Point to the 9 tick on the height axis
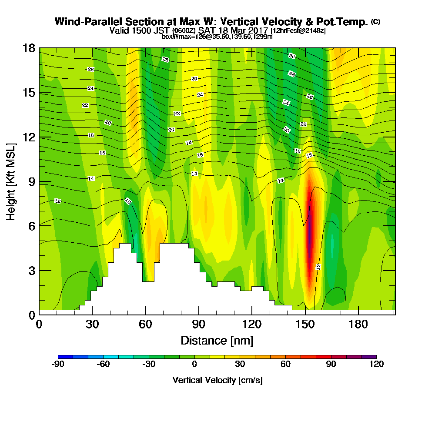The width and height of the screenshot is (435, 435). (x=31, y=181)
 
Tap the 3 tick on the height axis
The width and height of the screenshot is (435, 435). (x=31, y=270)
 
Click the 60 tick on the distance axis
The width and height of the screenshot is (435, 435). (x=145, y=324)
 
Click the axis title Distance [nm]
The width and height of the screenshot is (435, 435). (x=217, y=340)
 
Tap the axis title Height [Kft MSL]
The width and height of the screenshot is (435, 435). (x=11, y=181)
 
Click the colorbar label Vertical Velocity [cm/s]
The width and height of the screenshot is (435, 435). (x=217, y=380)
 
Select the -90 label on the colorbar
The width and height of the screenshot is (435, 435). (x=58, y=365)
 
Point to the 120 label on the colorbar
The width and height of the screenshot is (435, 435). (x=376, y=365)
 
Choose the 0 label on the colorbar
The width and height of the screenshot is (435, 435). (x=194, y=365)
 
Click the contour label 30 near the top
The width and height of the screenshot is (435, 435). (x=292, y=56)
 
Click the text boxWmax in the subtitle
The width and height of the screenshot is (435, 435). (x=173, y=37)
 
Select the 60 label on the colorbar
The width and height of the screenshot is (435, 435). (x=285, y=365)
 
